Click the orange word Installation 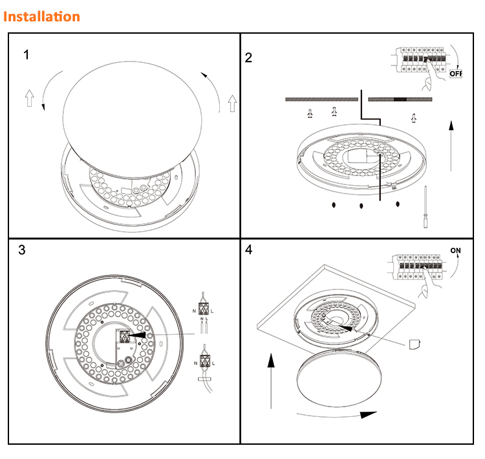[x=42, y=16]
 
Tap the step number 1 [x=26, y=55]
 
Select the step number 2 [x=249, y=58]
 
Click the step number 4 [x=250, y=250]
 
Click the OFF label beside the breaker [x=456, y=73]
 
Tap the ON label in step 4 [x=456, y=251]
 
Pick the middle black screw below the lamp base [x=361, y=206]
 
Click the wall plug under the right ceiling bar [x=413, y=117]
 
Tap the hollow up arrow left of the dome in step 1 [x=29, y=98]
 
